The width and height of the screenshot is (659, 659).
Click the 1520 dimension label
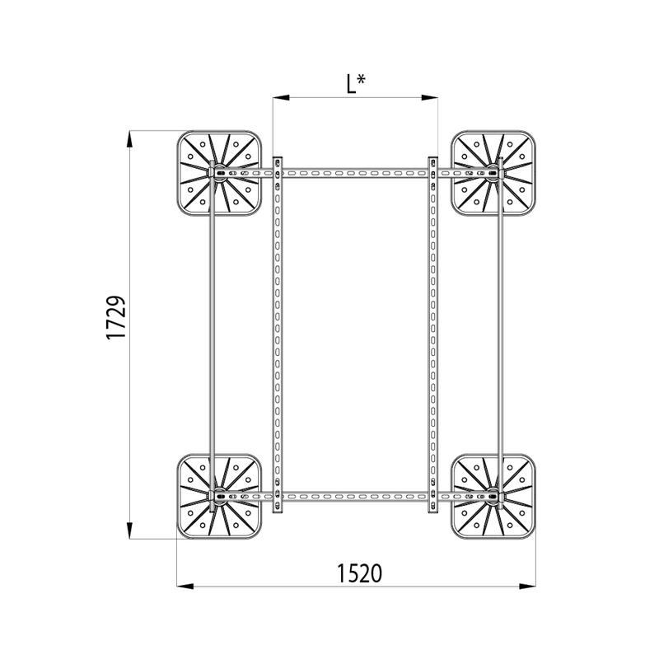pyautogui.click(x=359, y=572)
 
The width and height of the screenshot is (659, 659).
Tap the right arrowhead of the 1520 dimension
pyautogui.click(x=528, y=587)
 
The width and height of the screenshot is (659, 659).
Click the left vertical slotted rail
pyautogui.click(x=278, y=329)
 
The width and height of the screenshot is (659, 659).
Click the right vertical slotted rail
pyautogui.click(x=432, y=329)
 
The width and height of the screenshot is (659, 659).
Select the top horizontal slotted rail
pyautogui.click(x=354, y=174)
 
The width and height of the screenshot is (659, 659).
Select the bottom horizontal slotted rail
pyautogui.click(x=354, y=497)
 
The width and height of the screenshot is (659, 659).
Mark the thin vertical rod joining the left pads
pyautogui.click(x=213, y=329)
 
